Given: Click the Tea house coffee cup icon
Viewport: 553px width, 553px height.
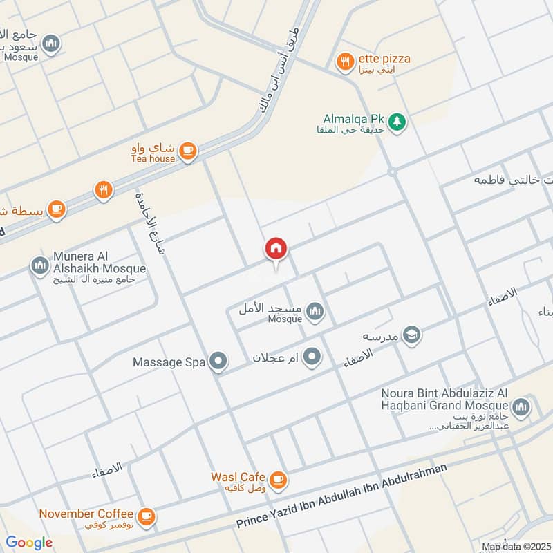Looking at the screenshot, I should click(x=187, y=150).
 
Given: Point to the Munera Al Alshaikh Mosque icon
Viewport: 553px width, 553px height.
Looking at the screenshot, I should click(x=39, y=265).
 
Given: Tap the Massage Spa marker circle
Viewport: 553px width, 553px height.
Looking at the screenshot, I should click(x=218, y=361).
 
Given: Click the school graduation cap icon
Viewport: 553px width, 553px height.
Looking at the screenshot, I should click(x=412, y=335).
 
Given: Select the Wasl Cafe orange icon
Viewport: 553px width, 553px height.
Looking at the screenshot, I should click(x=278, y=479).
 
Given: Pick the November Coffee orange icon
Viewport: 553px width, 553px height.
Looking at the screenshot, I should click(x=146, y=516).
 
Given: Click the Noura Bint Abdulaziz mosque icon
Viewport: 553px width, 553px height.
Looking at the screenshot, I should click(x=521, y=405).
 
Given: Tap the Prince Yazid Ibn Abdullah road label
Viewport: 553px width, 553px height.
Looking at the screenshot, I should click(x=341, y=497).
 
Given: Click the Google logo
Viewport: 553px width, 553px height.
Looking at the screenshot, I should click(x=29, y=543).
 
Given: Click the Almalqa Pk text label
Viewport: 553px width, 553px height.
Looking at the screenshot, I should click(x=353, y=118).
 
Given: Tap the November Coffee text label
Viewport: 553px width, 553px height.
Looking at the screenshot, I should click(x=86, y=514).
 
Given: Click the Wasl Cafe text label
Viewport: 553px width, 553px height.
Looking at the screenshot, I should click(x=238, y=477).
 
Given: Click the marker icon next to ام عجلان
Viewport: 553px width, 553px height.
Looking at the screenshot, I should click(x=312, y=357).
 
